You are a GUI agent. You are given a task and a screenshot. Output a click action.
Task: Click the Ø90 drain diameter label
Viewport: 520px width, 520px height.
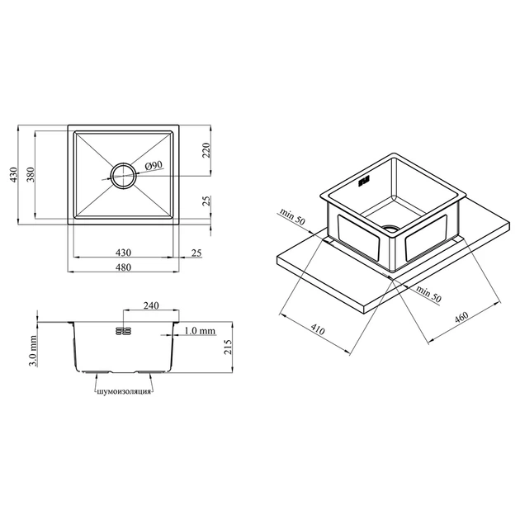point(154,165)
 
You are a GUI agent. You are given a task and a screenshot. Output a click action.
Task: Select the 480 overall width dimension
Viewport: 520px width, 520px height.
point(123,267)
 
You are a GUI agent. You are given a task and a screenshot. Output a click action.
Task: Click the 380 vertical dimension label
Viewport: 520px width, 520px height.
point(31,174)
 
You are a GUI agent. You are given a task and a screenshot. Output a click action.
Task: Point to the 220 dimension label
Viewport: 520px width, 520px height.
point(206,150)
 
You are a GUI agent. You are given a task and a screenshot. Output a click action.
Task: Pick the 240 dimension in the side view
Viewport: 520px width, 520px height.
point(151,305)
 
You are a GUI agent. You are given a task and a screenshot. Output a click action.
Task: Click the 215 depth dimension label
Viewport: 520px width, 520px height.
point(228,347)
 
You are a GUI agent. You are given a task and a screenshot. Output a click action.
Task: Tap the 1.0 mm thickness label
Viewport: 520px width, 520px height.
point(200,331)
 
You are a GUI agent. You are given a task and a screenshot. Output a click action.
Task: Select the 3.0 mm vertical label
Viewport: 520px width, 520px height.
point(32,351)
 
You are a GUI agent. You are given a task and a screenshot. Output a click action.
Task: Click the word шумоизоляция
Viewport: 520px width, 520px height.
point(124,392)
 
